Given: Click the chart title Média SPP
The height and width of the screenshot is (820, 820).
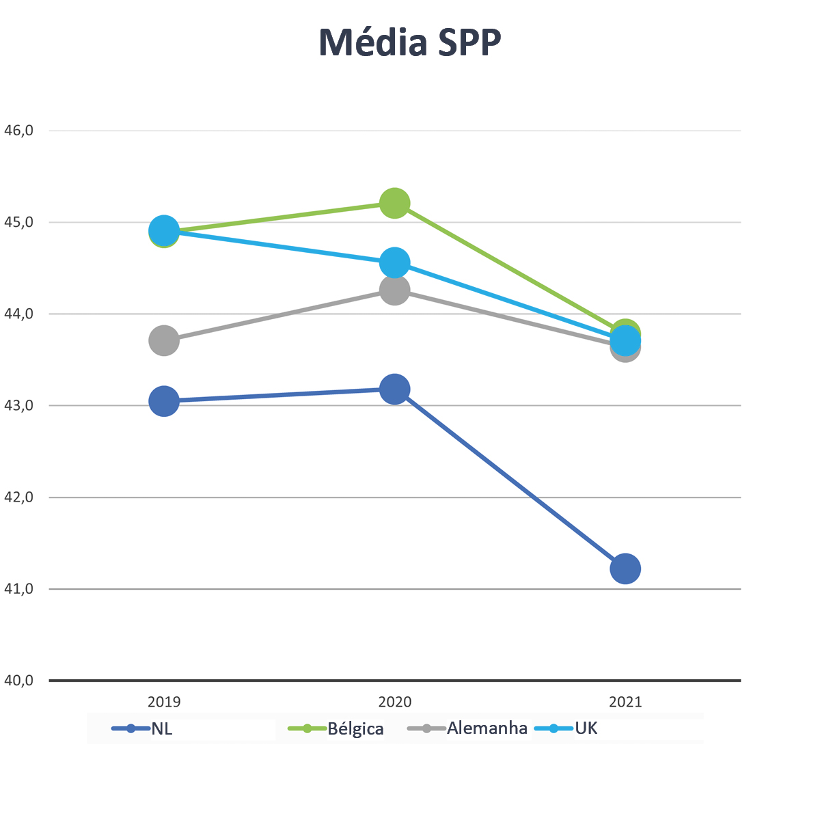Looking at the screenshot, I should pyautogui.click(x=410, y=42).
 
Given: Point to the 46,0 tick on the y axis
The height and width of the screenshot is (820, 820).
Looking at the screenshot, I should pyautogui.click(x=18, y=130).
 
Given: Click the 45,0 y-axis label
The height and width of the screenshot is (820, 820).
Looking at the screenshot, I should pyautogui.click(x=18, y=222).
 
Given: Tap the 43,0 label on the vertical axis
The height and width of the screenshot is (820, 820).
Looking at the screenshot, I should pyautogui.click(x=18, y=405).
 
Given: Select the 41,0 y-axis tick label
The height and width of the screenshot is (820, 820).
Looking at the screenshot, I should pyautogui.click(x=18, y=588).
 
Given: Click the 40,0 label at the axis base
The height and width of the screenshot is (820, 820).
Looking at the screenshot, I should pyautogui.click(x=18, y=681).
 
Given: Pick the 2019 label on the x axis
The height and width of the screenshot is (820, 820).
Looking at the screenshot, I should pyautogui.click(x=164, y=702).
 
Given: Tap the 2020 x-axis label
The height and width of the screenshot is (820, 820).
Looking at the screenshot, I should pyautogui.click(x=395, y=702).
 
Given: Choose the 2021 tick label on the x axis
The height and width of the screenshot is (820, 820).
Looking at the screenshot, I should pyautogui.click(x=625, y=702).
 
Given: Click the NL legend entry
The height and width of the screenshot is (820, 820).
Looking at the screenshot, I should pyautogui.click(x=161, y=728).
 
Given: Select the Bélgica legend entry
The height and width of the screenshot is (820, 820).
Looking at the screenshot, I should pyautogui.click(x=355, y=728).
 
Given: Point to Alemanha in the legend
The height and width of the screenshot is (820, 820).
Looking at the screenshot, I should pyautogui.click(x=487, y=728).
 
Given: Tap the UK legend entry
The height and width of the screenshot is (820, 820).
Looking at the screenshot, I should pyautogui.click(x=586, y=728).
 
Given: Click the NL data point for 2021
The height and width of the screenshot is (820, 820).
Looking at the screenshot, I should pyautogui.click(x=625, y=569).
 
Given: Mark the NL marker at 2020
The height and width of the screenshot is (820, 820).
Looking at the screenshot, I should pyautogui.click(x=395, y=389).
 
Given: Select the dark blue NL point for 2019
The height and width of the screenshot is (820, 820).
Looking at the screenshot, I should pyautogui.click(x=164, y=401).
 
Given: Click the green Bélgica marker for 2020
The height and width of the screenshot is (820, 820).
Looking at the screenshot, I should pyautogui.click(x=395, y=203).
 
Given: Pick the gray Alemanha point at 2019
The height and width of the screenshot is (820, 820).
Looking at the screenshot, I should pyautogui.click(x=164, y=340).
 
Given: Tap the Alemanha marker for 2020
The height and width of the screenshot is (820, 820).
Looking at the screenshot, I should pyautogui.click(x=395, y=290).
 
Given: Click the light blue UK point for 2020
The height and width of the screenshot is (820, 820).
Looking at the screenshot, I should pyautogui.click(x=395, y=262).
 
